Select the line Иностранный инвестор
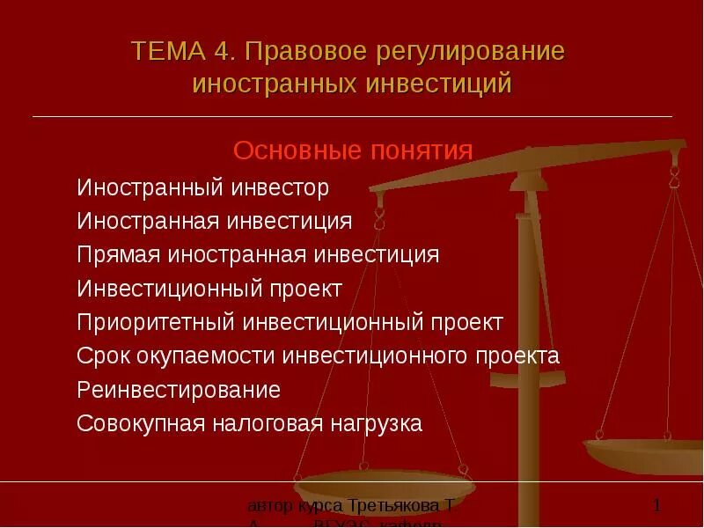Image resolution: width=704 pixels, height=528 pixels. (202, 187)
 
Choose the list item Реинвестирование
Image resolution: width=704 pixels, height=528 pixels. (179, 390)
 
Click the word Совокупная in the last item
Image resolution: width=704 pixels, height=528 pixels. (141, 423)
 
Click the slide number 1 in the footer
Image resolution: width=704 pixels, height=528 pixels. (656, 505)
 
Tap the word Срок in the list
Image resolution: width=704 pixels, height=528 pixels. (103, 356)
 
